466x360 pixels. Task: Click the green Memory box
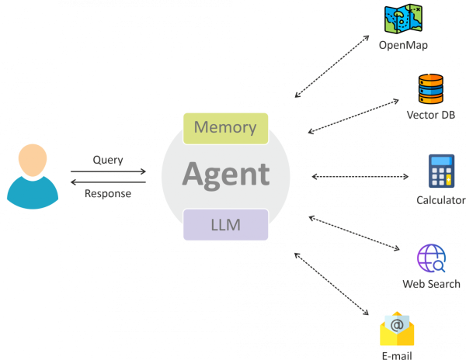point(225,127)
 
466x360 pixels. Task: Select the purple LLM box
point(225,226)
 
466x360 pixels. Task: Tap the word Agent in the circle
point(226,174)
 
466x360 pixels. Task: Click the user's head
point(32,160)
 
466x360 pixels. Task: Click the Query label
point(108,160)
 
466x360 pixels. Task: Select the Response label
point(108,194)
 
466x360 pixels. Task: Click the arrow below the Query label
point(108,171)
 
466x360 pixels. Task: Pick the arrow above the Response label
point(108,182)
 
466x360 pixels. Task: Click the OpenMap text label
point(403,45)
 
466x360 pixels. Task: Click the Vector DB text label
point(430,116)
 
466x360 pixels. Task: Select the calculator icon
point(440,171)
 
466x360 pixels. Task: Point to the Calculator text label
point(440,201)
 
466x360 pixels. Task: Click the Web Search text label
point(431,284)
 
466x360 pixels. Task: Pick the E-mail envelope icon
point(397,329)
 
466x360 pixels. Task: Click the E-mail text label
point(396,355)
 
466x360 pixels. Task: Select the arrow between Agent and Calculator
point(360,177)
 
